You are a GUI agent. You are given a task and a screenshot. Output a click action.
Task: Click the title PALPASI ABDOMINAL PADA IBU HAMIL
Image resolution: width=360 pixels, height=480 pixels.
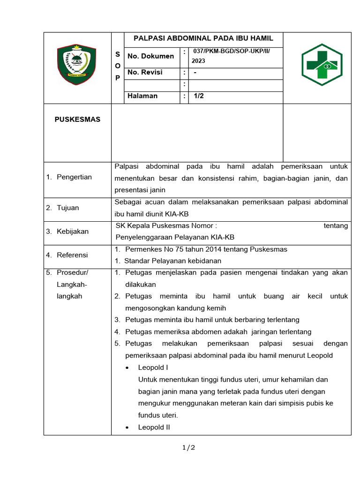coord(203,38)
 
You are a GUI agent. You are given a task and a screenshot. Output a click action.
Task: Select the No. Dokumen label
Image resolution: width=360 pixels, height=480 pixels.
coord(150,56)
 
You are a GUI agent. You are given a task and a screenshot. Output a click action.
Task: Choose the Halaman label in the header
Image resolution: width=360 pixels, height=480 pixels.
coord(142,96)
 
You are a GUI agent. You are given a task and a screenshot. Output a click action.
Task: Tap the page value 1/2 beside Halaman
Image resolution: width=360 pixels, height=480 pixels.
coord(199,96)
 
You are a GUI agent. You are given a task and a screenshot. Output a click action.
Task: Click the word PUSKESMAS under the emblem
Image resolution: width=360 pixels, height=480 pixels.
coord(77,120)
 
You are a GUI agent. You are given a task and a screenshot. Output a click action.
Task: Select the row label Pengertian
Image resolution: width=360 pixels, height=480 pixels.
coord(74,177)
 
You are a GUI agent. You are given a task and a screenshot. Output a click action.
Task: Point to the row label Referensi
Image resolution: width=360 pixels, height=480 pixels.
coord(72,255)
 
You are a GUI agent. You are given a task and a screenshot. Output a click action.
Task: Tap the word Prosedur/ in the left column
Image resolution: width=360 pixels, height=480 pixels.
coord(72,272)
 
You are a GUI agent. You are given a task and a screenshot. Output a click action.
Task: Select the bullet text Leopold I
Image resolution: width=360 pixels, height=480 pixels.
coord(153,367)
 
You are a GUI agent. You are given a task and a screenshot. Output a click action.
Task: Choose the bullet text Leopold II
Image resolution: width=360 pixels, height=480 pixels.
coord(154,427)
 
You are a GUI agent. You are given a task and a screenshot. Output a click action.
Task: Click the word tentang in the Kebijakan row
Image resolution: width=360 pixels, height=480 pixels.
coord(336,225)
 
